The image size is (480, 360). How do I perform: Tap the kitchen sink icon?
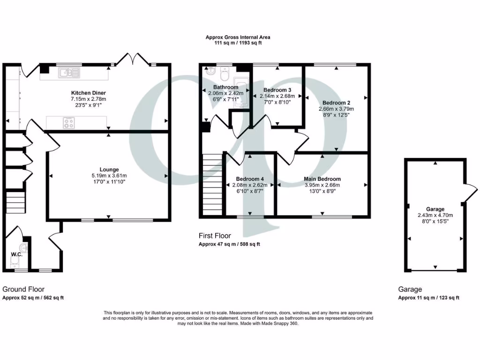pos(69,73)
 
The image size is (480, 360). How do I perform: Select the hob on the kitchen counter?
pos(69,123)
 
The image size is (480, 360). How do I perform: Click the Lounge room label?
pos(109,169)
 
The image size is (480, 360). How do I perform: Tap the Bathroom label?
pos(226,87)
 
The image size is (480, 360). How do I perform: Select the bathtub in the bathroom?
pos(241,94)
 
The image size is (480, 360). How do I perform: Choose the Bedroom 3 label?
pos(277,90)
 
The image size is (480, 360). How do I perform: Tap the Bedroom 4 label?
pos(250,179)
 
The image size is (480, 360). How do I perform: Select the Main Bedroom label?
pos(322,179)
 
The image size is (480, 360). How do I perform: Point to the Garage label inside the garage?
pos(435,209)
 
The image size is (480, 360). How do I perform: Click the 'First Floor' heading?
pos(215,236)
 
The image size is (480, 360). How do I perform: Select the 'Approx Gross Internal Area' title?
pos(238,37)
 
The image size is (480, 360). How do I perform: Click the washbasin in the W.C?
pos(25,247)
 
